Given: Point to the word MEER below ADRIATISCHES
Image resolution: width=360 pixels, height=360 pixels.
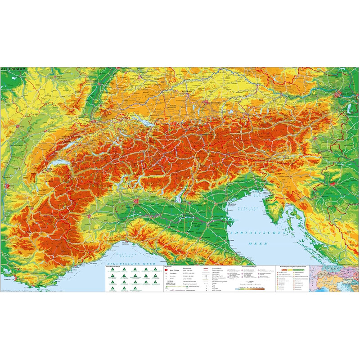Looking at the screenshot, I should click(x=256, y=244).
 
